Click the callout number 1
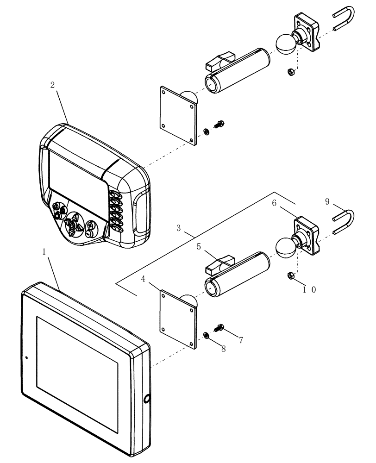coord(44,252)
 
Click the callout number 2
coord(52,85)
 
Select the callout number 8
coord(223,349)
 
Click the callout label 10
coord(310,290)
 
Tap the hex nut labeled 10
coord(289,275)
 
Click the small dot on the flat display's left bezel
coord(26,357)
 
